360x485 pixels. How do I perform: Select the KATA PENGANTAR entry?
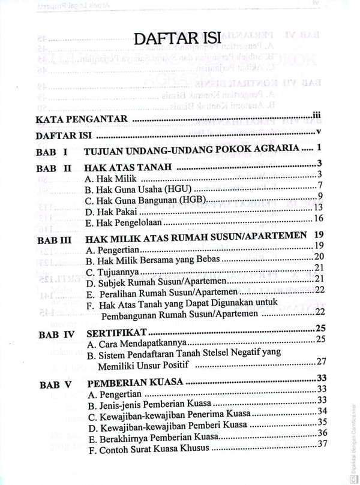point(82,119)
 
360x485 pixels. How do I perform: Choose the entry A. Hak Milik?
point(111,179)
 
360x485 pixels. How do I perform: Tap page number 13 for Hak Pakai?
point(319,207)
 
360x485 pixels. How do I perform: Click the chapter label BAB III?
point(55,240)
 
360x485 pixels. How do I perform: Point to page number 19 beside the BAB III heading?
point(319,235)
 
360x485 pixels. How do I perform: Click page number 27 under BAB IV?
point(320,360)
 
